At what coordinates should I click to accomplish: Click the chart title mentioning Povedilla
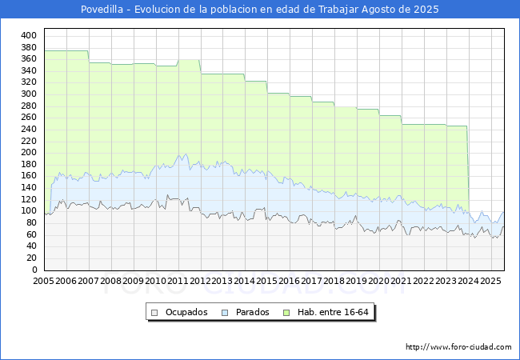pos(260,10)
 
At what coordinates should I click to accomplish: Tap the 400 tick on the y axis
pos(29,36)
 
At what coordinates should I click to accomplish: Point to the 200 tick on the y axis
pos(29,153)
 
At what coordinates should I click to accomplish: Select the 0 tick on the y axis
pos(34,270)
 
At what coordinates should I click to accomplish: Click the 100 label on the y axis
pos(29,211)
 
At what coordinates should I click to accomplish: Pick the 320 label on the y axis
pos(29,82)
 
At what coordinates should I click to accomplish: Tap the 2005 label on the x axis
pos(44,282)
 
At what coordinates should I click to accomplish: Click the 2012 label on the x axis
pos(201,282)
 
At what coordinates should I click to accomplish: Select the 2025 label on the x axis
pos(491,282)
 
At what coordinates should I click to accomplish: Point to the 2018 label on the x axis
pos(334,282)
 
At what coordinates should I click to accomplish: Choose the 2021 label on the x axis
pos(402,282)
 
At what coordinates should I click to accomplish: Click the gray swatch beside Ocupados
pos(155,312)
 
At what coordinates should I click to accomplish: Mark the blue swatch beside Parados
pos(225,312)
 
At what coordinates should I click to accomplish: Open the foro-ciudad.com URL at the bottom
pos(458,347)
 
